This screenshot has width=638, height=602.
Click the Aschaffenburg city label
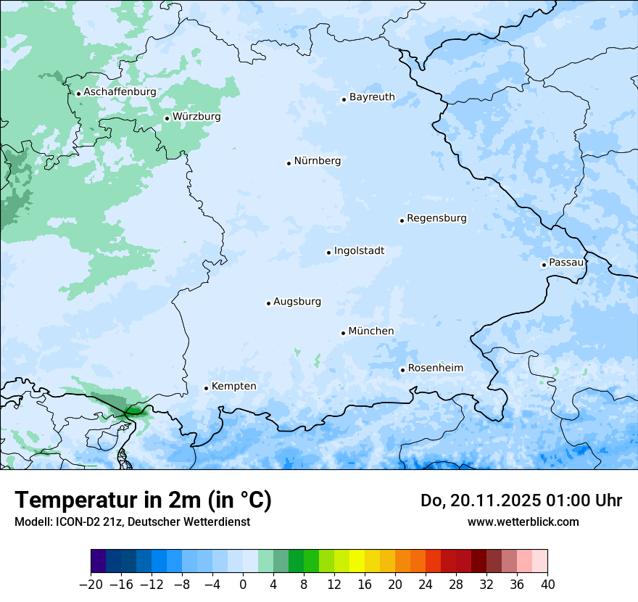[x=120, y=92]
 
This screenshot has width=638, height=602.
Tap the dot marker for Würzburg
[x=167, y=118]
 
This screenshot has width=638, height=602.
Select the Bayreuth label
[x=372, y=97]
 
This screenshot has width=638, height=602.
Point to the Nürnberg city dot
[x=289, y=163]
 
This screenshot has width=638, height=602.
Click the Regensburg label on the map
[x=436, y=218]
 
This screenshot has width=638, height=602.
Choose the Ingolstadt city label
[x=359, y=251]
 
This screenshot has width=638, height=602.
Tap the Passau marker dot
[x=544, y=265]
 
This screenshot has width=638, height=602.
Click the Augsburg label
[x=297, y=302]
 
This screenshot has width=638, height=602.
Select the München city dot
[x=343, y=333]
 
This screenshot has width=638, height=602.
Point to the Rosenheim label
[x=435, y=368]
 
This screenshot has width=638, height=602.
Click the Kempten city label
[x=233, y=387]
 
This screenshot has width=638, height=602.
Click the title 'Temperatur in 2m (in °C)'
[x=143, y=500]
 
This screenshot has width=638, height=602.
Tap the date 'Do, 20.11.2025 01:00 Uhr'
[x=521, y=500]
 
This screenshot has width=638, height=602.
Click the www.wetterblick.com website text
[x=523, y=522]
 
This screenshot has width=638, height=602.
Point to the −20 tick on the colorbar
[x=91, y=585]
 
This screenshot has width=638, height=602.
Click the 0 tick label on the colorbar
[x=243, y=585]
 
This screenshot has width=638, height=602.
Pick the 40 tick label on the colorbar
[x=547, y=585]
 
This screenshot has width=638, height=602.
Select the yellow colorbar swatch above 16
[x=357, y=561]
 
